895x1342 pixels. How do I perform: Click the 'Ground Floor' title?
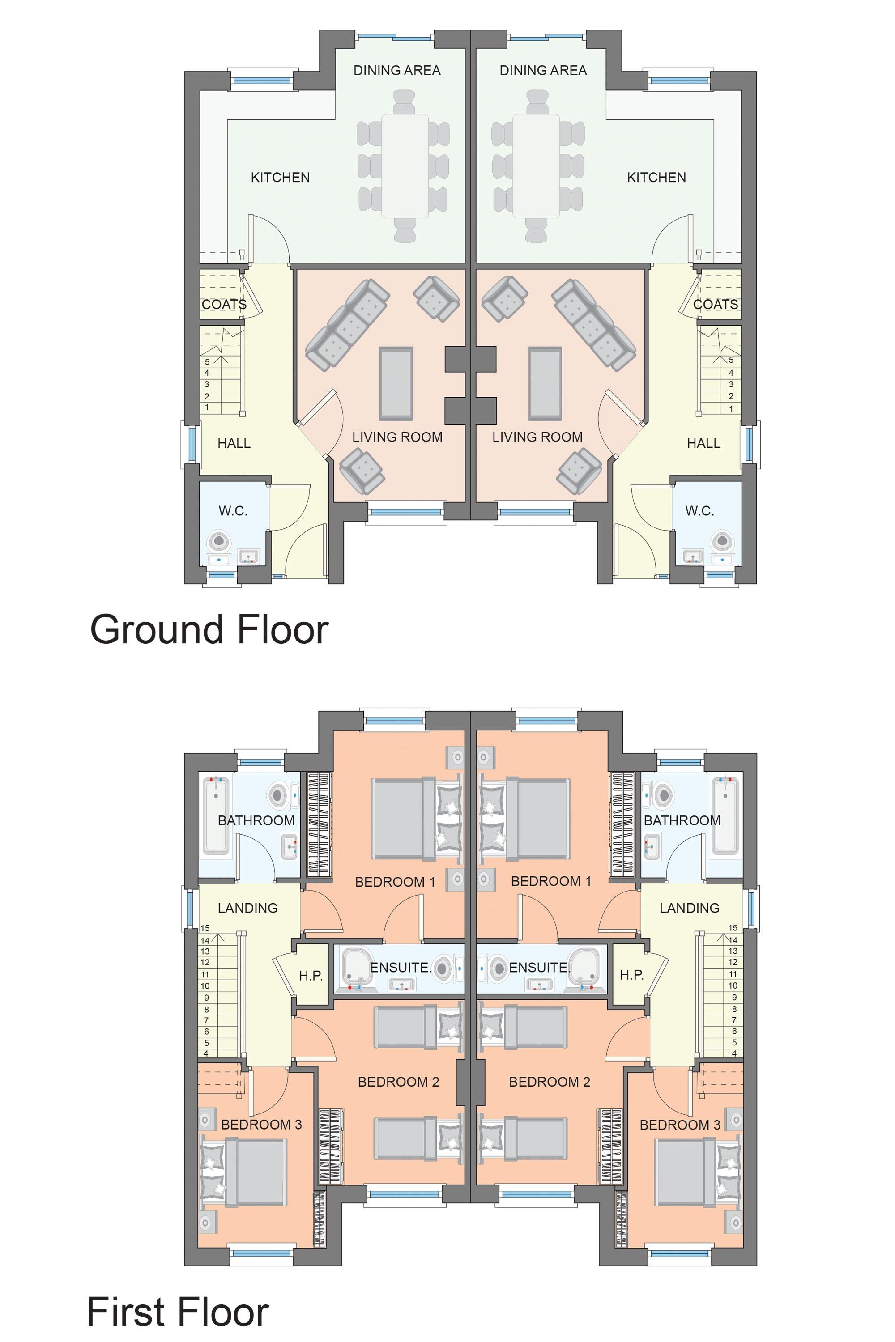(209, 630)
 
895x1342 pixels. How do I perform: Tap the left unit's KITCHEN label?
(280, 178)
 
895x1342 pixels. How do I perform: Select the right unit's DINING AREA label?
(543, 70)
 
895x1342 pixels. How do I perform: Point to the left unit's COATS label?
(224, 305)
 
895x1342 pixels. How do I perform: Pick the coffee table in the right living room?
(545, 382)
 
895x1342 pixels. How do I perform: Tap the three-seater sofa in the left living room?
(348, 323)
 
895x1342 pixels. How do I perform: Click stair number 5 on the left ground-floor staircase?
(207, 362)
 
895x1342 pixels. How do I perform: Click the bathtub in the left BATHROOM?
(216, 815)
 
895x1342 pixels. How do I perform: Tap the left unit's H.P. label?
(311, 976)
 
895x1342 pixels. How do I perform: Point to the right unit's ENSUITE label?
(539, 968)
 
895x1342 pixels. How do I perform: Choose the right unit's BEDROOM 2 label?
(549, 1082)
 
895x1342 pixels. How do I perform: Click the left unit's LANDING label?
(248, 908)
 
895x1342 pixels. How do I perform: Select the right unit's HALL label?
(703, 443)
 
